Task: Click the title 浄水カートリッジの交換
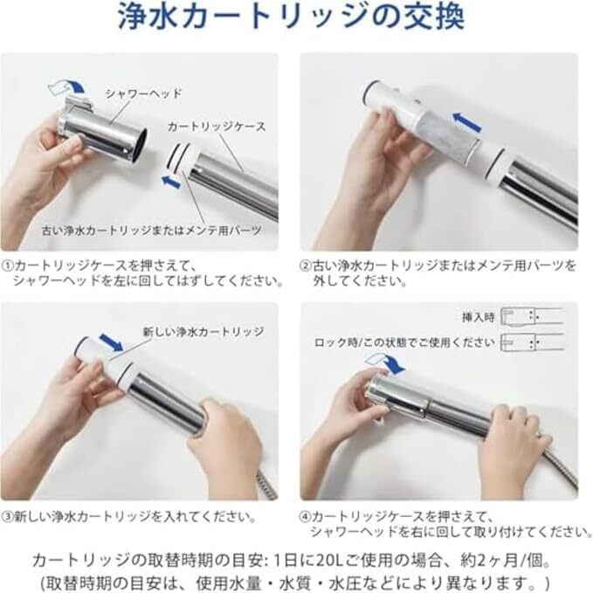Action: (291, 17)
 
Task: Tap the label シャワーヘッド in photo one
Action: (144, 93)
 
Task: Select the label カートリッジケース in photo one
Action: (217, 127)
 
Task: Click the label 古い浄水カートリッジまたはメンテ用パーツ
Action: (152, 231)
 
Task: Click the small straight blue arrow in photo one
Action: (170, 181)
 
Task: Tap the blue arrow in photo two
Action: (468, 121)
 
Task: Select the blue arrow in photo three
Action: (111, 342)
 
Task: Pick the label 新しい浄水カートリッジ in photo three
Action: (203, 332)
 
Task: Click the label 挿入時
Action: (478, 317)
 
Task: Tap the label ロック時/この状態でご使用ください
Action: (404, 342)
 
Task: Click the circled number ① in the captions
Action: (8, 265)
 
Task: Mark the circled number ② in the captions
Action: (306, 265)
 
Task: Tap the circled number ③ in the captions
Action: (8, 517)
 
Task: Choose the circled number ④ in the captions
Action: (306, 517)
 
